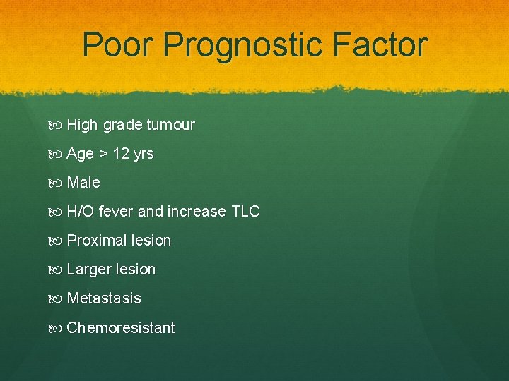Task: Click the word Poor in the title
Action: tap(118, 45)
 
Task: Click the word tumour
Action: tap(170, 125)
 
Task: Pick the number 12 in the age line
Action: tap(120, 154)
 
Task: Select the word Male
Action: tap(83, 183)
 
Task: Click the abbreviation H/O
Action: tap(81, 212)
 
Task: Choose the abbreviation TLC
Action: tap(245, 212)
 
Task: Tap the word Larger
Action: tap(88, 270)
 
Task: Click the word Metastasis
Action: tap(104, 298)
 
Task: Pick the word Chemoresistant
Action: tap(121, 327)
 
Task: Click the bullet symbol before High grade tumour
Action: tap(57, 126)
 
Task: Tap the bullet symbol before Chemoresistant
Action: tap(57, 328)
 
